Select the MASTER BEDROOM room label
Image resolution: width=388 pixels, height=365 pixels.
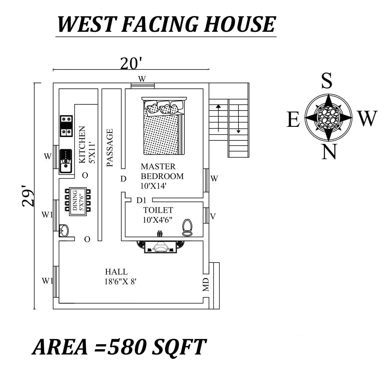tap(162, 171)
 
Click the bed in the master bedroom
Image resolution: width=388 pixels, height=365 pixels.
tap(163, 126)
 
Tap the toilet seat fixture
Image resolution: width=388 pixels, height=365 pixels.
tap(187, 227)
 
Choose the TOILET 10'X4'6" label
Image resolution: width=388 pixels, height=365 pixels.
tap(158, 215)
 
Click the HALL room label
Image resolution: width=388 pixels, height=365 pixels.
tap(116, 272)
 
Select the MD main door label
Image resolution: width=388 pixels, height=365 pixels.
tap(206, 285)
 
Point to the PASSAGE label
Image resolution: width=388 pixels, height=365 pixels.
tap(110, 148)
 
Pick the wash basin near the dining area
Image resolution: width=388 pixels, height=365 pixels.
tap(64, 230)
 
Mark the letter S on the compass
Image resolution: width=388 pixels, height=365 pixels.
tap(327, 81)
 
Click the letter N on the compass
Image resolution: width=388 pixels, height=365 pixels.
tap(329, 152)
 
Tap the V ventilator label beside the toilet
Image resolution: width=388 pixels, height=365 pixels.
tap(212, 216)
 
